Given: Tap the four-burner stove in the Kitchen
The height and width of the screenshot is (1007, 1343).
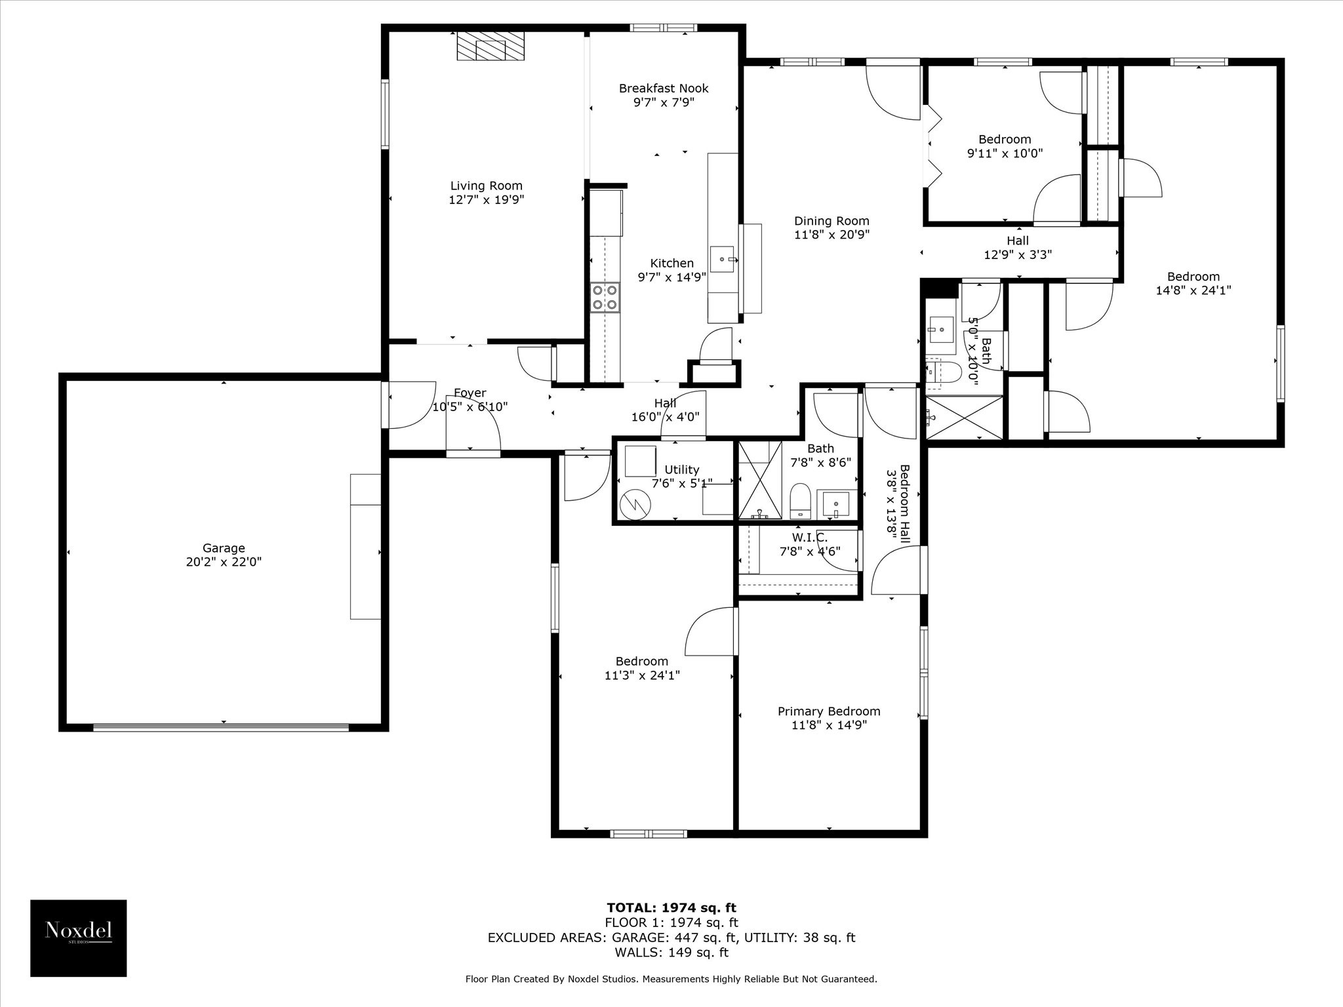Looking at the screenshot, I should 605,297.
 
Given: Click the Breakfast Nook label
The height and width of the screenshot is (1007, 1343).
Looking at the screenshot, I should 664,88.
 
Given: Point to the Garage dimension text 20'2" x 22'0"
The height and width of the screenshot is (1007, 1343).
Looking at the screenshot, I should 224,562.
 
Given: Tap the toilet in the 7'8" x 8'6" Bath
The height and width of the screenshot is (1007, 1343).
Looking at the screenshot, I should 800,502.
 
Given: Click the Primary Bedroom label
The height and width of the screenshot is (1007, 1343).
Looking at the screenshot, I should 829,711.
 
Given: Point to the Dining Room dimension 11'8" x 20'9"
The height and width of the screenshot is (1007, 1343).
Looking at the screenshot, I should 832,235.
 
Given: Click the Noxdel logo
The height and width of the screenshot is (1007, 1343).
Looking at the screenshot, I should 79,938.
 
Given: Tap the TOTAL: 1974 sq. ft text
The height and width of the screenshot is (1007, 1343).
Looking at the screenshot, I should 671,908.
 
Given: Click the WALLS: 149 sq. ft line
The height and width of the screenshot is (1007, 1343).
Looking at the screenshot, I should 671,953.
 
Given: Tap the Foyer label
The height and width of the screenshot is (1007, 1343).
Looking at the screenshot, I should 470,393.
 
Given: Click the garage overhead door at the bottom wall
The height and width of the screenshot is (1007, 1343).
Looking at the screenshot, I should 221,726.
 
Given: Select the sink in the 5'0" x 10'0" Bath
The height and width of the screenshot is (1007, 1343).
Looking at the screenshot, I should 941,328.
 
